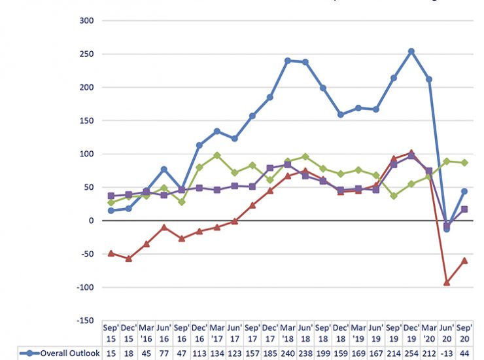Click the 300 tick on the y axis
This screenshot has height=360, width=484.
point(87,20)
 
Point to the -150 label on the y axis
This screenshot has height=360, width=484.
point(85,320)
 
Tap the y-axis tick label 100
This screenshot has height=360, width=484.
point(87,154)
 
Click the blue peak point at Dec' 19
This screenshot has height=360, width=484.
point(411,51)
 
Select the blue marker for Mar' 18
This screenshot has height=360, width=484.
point(288,60)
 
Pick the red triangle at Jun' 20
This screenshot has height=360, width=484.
point(447,282)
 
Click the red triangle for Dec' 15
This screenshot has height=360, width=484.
point(129,259)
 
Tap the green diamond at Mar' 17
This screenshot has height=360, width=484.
point(217,155)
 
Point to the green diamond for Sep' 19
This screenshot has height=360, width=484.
point(394,196)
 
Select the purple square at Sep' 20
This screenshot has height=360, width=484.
point(464,209)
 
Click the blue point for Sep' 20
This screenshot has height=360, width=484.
point(464,191)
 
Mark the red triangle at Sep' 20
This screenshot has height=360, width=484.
point(464,260)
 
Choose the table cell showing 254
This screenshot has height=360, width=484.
point(411,353)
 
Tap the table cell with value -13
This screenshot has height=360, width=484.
point(447,353)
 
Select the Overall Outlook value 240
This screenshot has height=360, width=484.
point(288,353)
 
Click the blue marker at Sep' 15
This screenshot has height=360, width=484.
point(111,211)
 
